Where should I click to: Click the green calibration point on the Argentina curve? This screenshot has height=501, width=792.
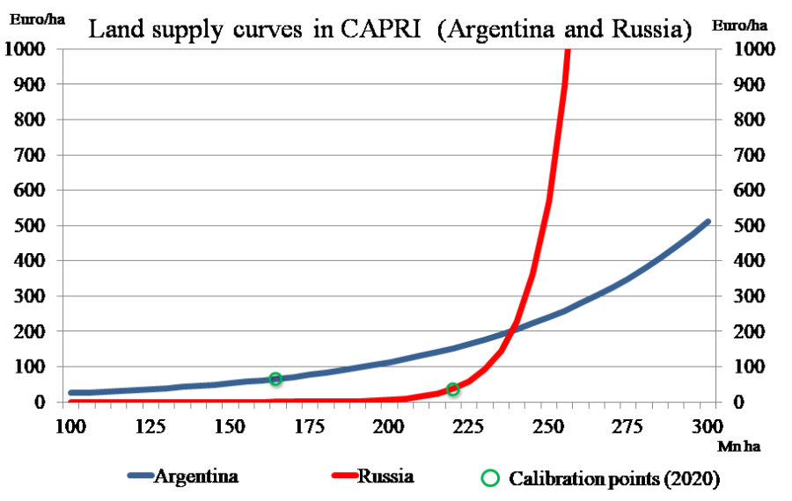point(275,379)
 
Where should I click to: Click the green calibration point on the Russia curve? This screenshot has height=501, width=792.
point(453,389)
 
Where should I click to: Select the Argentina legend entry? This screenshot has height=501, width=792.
point(196,476)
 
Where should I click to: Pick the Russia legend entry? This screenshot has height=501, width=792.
point(385,476)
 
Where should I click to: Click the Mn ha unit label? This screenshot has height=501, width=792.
point(738,446)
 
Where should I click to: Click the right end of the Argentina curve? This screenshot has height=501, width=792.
point(707,222)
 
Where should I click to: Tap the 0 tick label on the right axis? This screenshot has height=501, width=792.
point(739,402)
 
